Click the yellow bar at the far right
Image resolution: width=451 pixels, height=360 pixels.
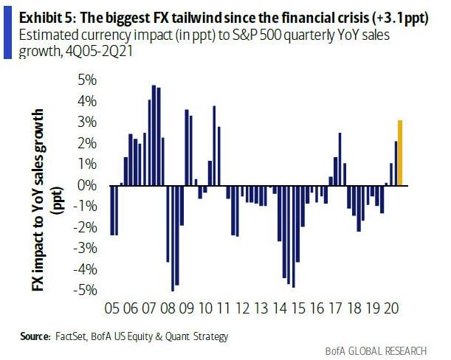(400, 153)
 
